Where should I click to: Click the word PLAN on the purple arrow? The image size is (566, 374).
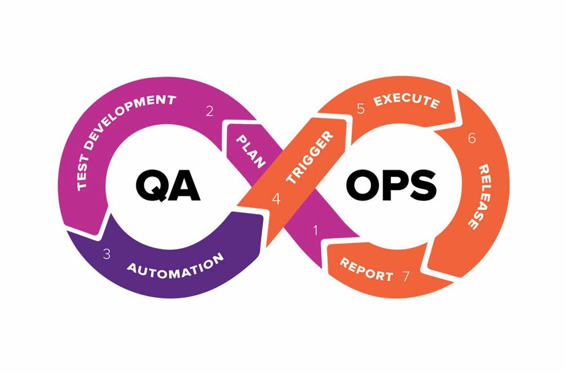point(250,151)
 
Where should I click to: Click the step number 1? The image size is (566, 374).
point(316,230)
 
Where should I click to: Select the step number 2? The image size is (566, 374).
point(209,111)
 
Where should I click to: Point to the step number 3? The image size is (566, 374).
point(107,254)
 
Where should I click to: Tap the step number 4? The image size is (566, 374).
point(276,199)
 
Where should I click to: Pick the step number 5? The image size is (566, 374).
point(360,109)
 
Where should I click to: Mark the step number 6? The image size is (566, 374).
point(472,138)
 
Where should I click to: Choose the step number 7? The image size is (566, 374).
point(406,276)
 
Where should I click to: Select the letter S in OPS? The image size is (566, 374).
point(422,185)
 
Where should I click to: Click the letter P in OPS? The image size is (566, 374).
point(393,185)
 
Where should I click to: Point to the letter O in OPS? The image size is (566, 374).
point(363,185)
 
